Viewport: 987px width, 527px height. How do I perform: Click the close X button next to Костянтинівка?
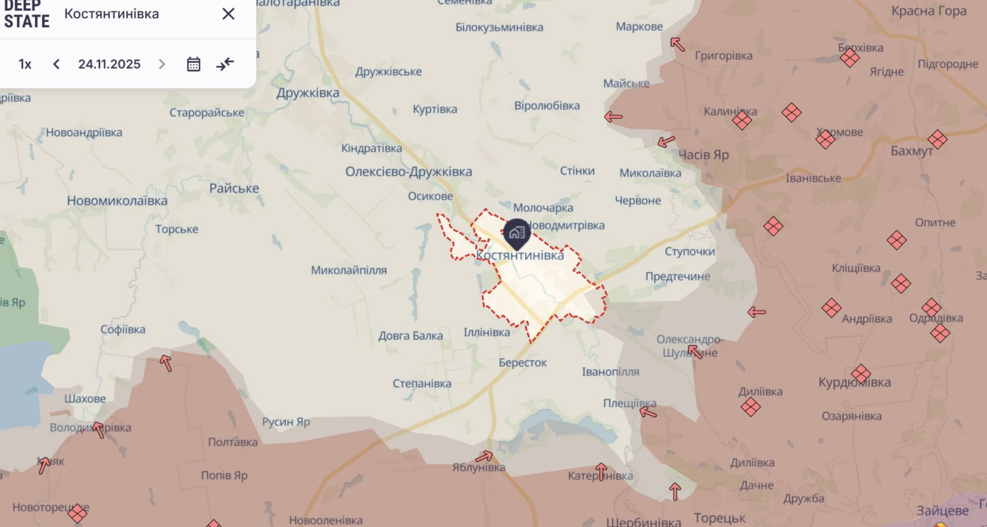coord(228,14)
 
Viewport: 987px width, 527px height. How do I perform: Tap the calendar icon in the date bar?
coord(193,64)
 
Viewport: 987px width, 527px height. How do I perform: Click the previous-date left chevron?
coord(56,64)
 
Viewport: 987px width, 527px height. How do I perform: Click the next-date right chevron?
coord(162,64)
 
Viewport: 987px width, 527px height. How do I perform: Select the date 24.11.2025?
coord(109,64)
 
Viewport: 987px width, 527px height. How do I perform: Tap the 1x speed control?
coord(25,64)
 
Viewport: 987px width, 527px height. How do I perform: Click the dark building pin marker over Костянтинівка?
coord(517,233)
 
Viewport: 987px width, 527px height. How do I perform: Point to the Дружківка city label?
coord(307,93)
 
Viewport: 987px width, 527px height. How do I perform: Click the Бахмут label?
coord(911,151)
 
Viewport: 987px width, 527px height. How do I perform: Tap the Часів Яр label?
coord(703,155)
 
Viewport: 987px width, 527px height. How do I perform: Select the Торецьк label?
coord(719,518)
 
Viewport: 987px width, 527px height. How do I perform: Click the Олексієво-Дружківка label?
coord(408,172)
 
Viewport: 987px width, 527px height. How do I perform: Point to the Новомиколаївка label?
coord(117,201)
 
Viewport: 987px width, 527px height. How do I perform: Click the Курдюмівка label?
coord(854,382)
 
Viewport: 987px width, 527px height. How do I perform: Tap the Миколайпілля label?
coord(349,270)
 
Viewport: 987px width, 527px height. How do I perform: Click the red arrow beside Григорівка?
coord(677,44)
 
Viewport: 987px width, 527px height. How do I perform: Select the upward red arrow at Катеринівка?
coord(601,471)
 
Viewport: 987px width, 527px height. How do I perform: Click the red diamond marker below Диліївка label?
coord(750,407)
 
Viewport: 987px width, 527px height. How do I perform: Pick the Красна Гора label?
coord(929,11)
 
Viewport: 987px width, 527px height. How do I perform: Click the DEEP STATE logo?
coord(27,14)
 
